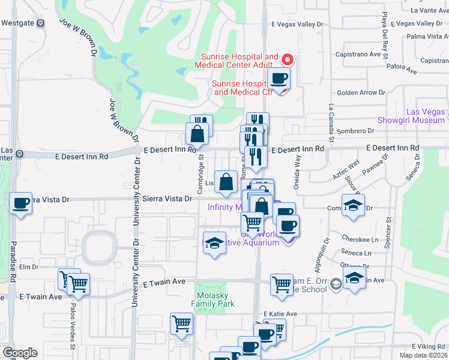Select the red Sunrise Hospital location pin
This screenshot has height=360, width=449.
(x=287, y=59)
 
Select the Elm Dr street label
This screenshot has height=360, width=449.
(x=28, y=266)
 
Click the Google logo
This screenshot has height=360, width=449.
(x=20, y=352)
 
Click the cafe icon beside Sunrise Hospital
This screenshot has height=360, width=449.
(x=279, y=78)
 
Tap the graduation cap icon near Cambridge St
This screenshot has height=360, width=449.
(x=214, y=244)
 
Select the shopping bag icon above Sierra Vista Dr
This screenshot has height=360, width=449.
(x=226, y=181)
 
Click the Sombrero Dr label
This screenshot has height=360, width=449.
(x=355, y=131)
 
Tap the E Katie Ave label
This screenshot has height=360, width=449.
(x=280, y=314)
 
